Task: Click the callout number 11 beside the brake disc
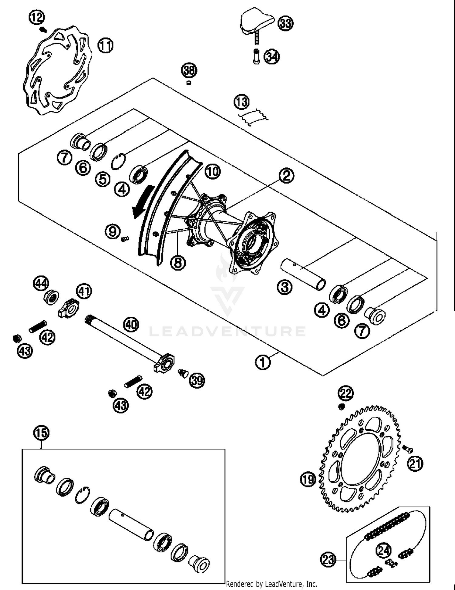click(105, 46)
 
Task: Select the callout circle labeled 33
click(285, 23)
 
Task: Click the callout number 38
click(189, 71)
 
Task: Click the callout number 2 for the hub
click(286, 175)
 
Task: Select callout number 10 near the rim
click(213, 172)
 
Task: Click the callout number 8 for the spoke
click(178, 262)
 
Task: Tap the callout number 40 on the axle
click(131, 325)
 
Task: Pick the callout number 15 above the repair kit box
click(41, 433)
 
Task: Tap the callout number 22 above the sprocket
click(346, 393)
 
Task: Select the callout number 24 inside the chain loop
click(384, 550)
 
